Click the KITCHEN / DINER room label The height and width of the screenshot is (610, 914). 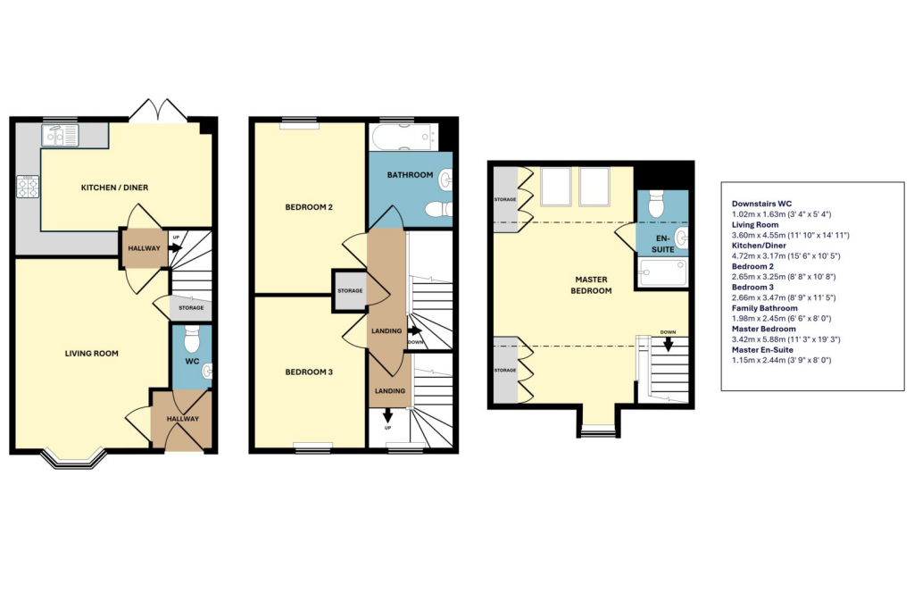pyautogui.click(x=114, y=188)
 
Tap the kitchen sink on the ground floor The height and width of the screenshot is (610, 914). pyautogui.click(x=60, y=136)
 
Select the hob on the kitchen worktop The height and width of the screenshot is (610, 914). pyautogui.click(x=27, y=187)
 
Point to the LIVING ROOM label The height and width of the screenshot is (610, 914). pyautogui.click(x=91, y=354)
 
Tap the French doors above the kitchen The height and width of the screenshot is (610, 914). pyautogui.click(x=158, y=112)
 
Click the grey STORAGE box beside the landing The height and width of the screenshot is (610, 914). pyautogui.click(x=349, y=290)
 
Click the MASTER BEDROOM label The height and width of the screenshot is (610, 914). pyautogui.click(x=592, y=285)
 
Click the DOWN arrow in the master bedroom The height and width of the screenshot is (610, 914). pyautogui.click(x=668, y=343)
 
